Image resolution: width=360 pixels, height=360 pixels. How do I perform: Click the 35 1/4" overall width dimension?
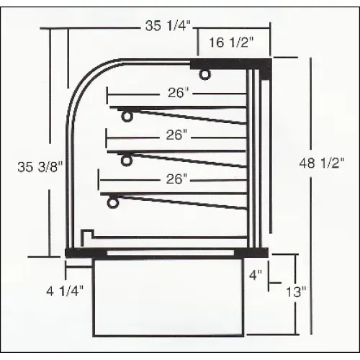(167, 27)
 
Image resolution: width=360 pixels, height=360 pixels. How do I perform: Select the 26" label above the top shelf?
(175, 93)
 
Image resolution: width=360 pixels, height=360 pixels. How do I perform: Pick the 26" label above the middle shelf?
(175, 135)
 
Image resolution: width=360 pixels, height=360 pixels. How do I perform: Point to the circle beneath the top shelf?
(127, 117)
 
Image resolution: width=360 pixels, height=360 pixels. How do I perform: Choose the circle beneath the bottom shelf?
(112, 202)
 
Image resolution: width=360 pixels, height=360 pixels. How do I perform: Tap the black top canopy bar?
(230, 65)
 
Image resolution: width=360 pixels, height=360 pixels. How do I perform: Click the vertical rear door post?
(251, 158)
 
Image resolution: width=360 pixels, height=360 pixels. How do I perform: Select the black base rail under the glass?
(166, 251)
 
